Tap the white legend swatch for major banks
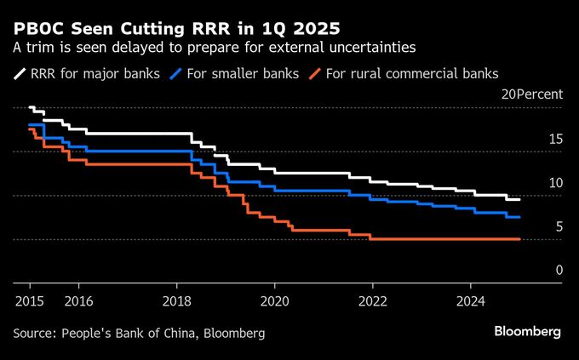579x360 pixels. coord(20,74)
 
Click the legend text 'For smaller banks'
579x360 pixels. coord(243,74)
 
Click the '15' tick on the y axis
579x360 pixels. coord(554,139)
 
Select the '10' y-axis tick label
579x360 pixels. coord(554,183)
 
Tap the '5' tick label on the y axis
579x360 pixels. coord(558,226)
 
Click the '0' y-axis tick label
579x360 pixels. coord(558,271)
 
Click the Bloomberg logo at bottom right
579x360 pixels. coord(528,331)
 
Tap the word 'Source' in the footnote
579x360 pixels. coord(33,333)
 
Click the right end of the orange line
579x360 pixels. coord(519,240)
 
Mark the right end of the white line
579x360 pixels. coord(519,199)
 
